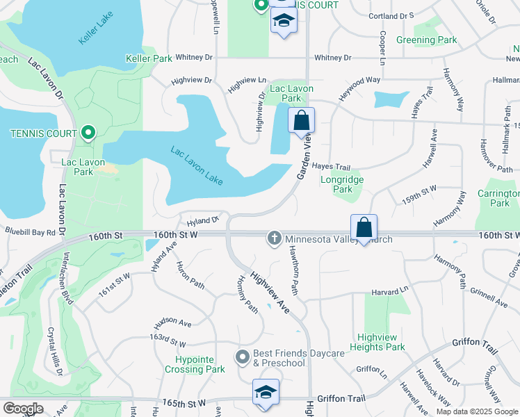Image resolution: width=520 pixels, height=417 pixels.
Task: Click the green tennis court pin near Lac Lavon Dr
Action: pos(88,132)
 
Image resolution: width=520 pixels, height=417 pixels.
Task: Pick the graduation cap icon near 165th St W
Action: pos(265,393)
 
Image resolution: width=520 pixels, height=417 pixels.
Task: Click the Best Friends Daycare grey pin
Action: pos(243,357)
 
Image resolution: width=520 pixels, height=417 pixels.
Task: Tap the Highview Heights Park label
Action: pos(376,342)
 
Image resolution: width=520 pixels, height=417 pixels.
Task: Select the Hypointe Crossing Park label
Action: pos(195,364)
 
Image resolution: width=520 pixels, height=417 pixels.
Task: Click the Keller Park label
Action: pos(149,59)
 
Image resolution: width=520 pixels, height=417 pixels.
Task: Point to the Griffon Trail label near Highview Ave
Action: pos(341,398)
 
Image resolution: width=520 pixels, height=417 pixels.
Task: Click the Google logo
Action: pos(23,409)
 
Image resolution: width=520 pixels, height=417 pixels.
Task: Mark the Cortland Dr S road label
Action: pos(391,15)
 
